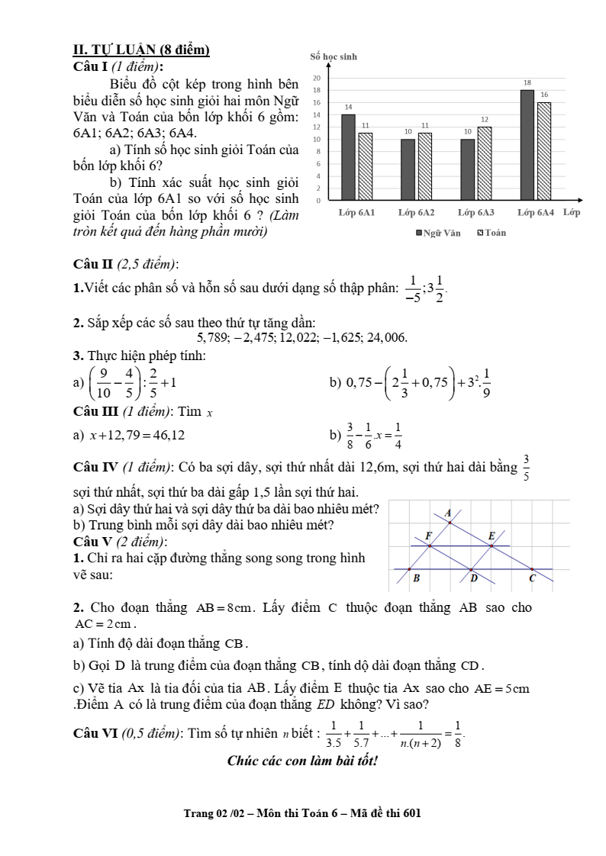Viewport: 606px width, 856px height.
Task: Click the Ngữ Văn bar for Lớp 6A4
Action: point(527,145)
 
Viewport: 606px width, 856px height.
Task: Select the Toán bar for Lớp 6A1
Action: point(366,166)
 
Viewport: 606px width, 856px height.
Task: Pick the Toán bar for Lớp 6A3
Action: point(485,163)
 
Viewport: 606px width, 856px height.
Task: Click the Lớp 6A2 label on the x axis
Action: point(416,212)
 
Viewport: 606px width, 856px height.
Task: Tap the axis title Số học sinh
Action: point(334,57)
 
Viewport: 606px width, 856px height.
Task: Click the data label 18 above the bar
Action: point(527,82)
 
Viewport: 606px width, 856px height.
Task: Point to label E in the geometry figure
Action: point(492,536)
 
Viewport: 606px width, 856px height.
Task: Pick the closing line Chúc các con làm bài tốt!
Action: point(303,761)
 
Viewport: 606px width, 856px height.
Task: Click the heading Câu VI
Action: point(94,733)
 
